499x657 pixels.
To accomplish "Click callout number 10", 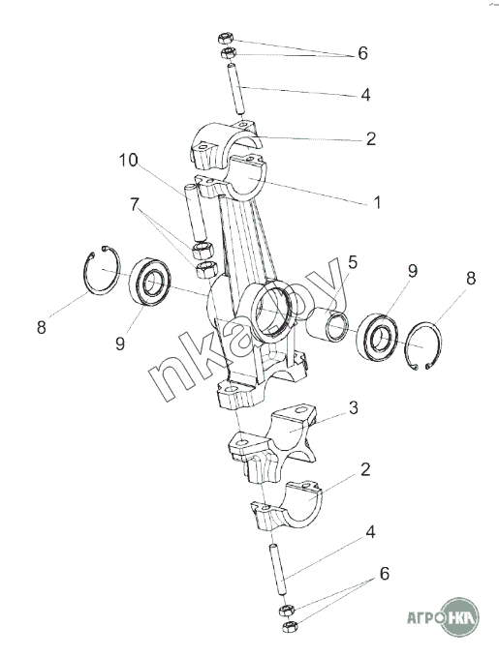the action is [128, 160].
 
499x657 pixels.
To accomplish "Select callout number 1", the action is [377, 202].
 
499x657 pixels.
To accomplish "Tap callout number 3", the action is [354, 407].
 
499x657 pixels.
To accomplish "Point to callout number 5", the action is [352, 262].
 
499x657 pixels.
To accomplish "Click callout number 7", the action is [134, 204].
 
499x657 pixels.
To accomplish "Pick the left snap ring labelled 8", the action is [102, 270].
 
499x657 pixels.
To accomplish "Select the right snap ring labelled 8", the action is [423, 345].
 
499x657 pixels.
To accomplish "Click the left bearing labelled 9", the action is [149, 282].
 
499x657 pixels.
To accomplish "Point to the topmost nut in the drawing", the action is [226, 39].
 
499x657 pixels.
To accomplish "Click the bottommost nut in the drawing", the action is [290, 627].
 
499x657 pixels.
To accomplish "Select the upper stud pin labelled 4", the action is [236, 89].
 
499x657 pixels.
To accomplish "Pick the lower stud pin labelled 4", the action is [278, 569].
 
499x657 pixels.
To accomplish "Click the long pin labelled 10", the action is [196, 213].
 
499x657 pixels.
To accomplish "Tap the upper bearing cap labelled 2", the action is [225, 142].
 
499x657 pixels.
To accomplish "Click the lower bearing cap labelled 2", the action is [287, 506].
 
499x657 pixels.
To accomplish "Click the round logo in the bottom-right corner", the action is [460, 617].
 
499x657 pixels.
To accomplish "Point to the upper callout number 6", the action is [362, 53].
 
